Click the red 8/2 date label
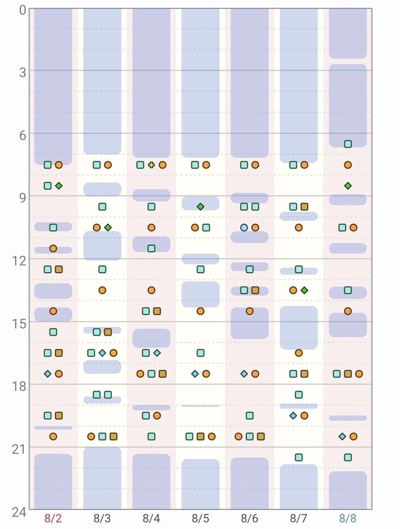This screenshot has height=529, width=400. pos(53,518)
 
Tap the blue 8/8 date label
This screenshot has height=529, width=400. pos(348,518)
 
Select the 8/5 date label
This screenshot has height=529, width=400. pos(200,518)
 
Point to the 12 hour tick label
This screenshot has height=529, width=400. pos(19,261)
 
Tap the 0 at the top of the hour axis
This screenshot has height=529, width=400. pos(22,11)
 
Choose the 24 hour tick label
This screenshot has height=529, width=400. pos(19,512)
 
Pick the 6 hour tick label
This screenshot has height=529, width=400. pos(22,135)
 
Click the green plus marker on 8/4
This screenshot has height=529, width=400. pos(151,165)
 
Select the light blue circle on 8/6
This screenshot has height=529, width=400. pos(244,227)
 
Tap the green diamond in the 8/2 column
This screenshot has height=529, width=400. pos(59,186)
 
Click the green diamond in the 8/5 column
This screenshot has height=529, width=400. pos(200,207)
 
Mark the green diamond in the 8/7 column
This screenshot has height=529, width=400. pos(304,290)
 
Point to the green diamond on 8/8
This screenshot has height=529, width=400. pos(348,186)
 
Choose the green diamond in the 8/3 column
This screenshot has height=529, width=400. pos(107,227)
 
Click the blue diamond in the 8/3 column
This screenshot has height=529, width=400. pos(102,353)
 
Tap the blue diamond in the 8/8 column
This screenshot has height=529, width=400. pos(342,436)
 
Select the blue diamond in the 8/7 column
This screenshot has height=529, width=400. pos(293,416)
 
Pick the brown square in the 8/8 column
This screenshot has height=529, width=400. pos(348,374)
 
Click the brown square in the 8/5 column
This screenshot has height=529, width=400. pos(200,436)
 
